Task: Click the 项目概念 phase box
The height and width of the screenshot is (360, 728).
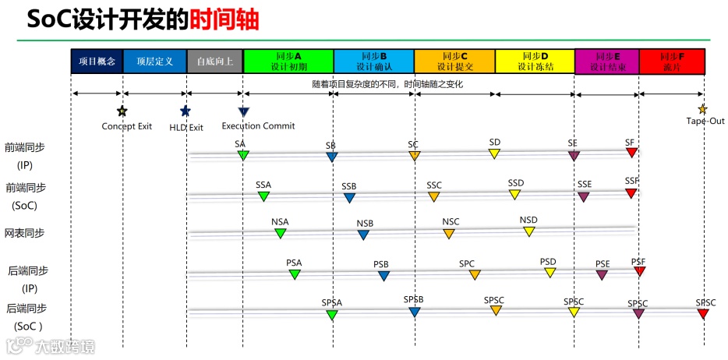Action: (x=97, y=62)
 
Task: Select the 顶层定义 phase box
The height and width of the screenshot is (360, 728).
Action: (x=154, y=62)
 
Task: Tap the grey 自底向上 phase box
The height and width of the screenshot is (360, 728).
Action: (x=214, y=62)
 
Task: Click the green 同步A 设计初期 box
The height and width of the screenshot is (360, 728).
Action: (x=288, y=62)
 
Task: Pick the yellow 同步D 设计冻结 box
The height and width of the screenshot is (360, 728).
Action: (x=535, y=62)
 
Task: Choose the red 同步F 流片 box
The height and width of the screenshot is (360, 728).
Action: (x=672, y=62)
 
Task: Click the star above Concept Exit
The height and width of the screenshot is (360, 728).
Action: (x=122, y=111)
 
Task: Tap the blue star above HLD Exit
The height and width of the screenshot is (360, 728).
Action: (x=185, y=111)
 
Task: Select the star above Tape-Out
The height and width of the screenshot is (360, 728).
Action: (x=702, y=110)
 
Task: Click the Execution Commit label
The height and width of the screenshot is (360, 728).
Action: (x=258, y=126)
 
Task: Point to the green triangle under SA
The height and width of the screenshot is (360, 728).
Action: (x=242, y=156)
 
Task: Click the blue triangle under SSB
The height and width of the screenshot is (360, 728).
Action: (x=349, y=198)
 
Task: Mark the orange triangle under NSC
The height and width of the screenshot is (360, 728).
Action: (x=448, y=234)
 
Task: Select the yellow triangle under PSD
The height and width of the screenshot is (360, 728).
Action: (x=550, y=273)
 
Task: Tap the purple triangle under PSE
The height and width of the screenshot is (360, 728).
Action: (x=602, y=275)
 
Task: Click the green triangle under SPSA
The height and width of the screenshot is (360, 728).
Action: (x=331, y=315)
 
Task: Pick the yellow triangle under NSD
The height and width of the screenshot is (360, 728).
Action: (x=529, y=231)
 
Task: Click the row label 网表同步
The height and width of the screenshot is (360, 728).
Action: (x=25, y=233)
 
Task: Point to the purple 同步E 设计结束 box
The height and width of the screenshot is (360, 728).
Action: (x=606, y=62)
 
